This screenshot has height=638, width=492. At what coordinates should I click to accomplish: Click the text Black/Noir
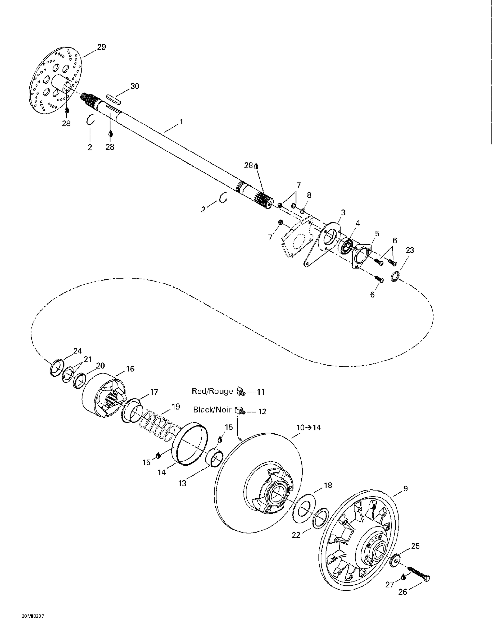(212, 410)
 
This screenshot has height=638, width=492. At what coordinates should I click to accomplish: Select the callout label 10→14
(308, 428)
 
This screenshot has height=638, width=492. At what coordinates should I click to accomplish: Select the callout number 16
(130, 369)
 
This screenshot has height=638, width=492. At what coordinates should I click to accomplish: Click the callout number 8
(309, 195)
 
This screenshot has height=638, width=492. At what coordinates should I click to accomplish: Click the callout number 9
(405, 489)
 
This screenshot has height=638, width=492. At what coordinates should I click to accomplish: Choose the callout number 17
(154, 392)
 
